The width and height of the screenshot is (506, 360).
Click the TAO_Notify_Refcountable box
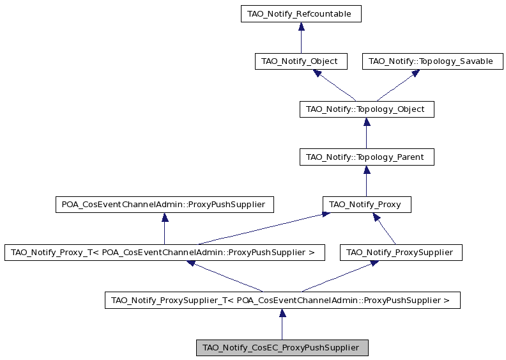pyautogui.click(x=301, y=13)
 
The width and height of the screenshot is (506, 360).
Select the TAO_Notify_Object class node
pyautogui.click(x=301, y=61)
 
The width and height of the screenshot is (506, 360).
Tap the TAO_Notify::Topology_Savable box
pyautogui.click(x=433, y=61)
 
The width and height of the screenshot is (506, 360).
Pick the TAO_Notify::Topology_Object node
pyautogui.click(x=367, y=109)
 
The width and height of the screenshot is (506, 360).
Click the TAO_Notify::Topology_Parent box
pyautogui.click(x=367, y=157)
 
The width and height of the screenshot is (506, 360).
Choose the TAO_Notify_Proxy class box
pyautogui.click(x=367, y=205)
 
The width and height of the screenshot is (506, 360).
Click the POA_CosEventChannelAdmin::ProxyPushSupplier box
pyautogui.click(x=165, y=205)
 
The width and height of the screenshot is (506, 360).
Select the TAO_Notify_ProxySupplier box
pyautogui.click(x=401, y=253)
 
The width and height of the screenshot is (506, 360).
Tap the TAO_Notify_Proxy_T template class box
pyautogui.click(x=165, y=253)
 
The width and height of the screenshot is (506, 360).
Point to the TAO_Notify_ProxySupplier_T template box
pyautogui.click(x=282, y=301)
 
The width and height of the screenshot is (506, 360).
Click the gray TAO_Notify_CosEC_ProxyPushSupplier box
pyautogui.click(x=282, y=348)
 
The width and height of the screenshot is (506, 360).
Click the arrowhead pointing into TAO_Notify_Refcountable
pyautogui.click(x=301, y=26)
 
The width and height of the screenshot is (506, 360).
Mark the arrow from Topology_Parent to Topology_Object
pyautogui.click(x=367, y=133)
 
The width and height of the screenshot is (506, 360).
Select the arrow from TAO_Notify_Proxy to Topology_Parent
pyautogui.click(x=367, y=181)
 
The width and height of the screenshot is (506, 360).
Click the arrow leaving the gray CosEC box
pyautogui.click(x=282, y=324)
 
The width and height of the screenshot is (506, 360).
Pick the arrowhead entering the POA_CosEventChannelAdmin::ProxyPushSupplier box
pyautogui.click(x=165, y=217)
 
